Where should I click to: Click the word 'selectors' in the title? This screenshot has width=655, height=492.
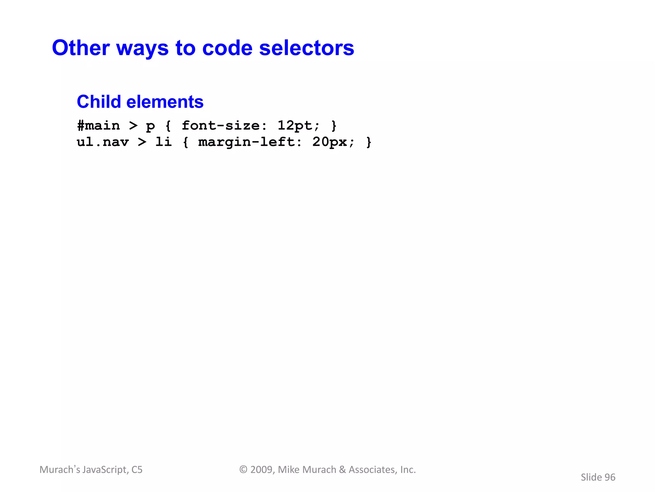pyautogui.click(x=306, y=48)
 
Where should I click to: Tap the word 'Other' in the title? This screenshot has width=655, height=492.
pyautogui.click(x=81, y=48)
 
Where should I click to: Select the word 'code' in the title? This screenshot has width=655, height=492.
pyautogui.click(x=227, y=48)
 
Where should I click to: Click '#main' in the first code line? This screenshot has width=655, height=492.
pyautogui.click(x=99, y=126)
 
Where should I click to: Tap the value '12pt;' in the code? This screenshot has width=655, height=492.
pyautogui.click(x=298, y=126)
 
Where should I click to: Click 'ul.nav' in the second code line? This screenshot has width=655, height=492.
pyautogui.click(x=103, y=142)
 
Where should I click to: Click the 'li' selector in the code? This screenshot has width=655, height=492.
pyautogui.click(x=163, y=142)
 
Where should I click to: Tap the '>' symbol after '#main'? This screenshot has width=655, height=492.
pyautogui.click(x=133, y=126)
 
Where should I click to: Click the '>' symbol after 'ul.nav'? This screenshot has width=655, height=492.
pyautogui.click(x=142, y=142)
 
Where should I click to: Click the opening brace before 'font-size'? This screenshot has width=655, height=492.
pyautogui.click(x=168, y=126)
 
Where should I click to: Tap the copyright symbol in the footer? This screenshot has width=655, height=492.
pyautogui.click(x=243, y=470)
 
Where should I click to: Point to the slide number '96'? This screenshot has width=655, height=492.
pyautogui.click(x=610, y=477)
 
